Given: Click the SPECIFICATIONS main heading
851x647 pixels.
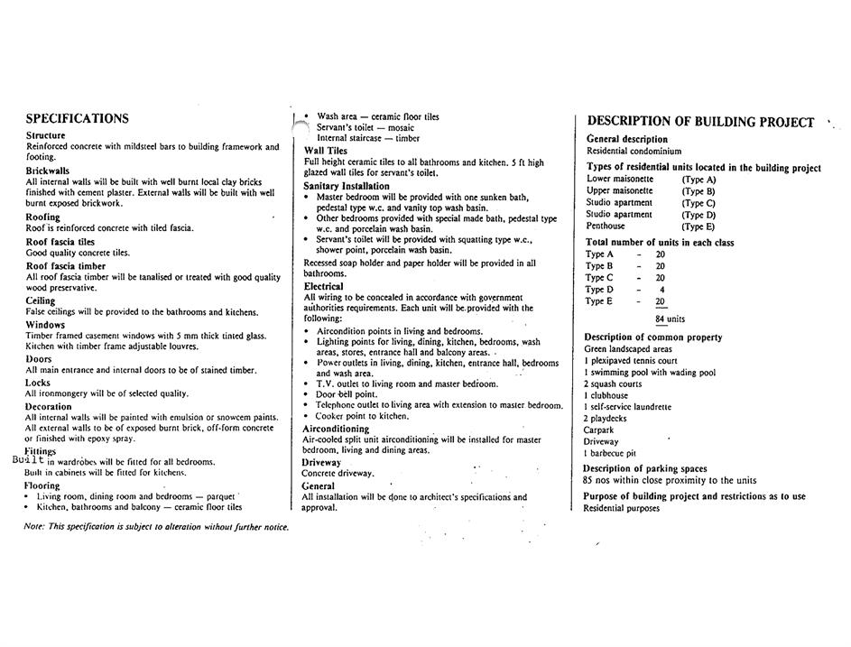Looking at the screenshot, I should click(x=77, y=118).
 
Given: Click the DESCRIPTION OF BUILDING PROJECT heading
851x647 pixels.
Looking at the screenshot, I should click(x=700, y=122).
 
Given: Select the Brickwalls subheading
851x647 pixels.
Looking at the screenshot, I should click(x=48, y=170).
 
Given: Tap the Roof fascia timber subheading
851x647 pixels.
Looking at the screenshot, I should click(x=66, y=266).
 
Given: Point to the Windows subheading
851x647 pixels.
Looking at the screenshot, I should click(x=45, y=325).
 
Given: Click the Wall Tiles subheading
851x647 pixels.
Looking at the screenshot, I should click(x=326, y=151).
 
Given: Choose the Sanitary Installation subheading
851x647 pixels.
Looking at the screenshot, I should click(x=347, y=186).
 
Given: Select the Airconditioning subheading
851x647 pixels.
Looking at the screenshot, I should click(x=336, y=429).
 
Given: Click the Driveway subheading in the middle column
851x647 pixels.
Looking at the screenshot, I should click(x=321, y=462).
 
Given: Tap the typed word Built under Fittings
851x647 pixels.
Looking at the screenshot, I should click(x=28, y=459).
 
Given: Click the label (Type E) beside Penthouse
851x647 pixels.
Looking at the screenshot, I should click(x=698, y=226).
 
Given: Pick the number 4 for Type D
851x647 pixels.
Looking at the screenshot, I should click(x=661, y=290).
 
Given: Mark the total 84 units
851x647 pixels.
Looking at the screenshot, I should click(x=671, y=319).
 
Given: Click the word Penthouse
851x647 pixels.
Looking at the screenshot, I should click(x=606, y=226).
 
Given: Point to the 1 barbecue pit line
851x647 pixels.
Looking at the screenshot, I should click(x=610, y=453).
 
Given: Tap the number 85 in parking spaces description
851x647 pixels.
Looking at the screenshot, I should click(x=588, y=480).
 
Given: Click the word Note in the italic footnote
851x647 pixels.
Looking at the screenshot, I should click(x=33, y=526).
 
